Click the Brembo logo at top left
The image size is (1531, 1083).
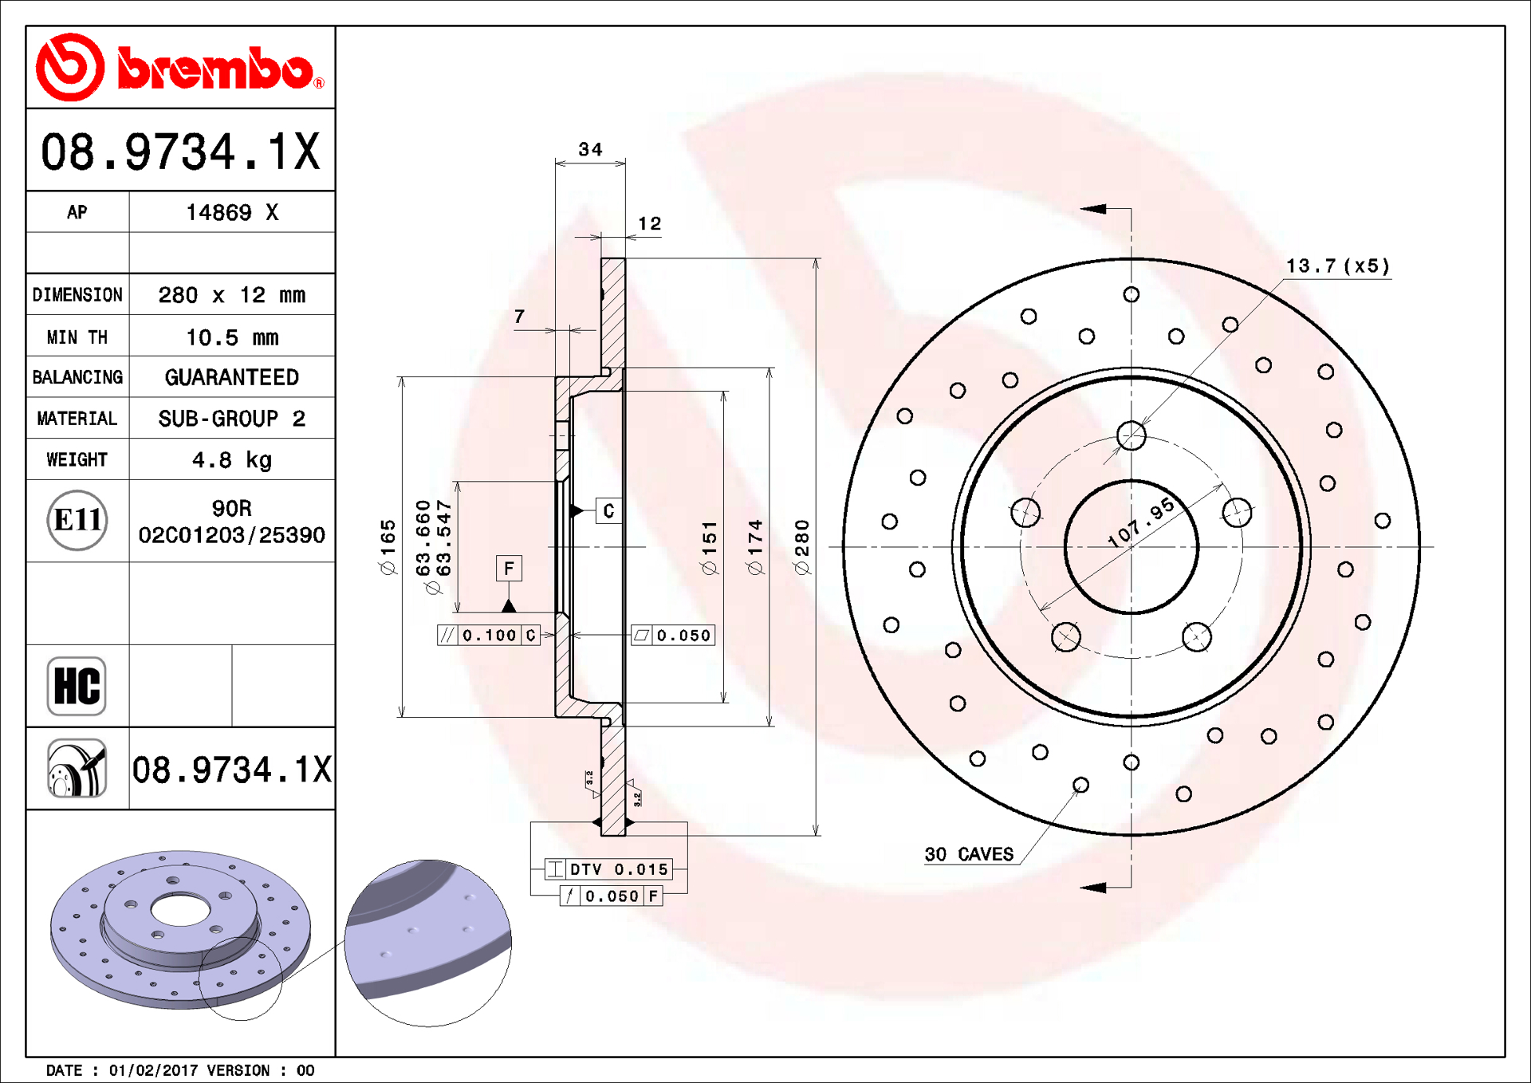[x=179, y=68]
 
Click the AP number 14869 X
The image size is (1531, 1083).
[x=231, y=212]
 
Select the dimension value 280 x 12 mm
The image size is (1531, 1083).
[x=231, y=295]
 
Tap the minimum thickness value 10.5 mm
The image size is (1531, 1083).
[x=231, y=337]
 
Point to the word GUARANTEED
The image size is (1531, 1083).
[x=231, y=377]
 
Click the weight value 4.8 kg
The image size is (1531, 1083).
[x=231, y=460]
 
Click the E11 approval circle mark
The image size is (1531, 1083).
[x=77, y=520]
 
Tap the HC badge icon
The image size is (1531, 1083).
[x=77, y=686]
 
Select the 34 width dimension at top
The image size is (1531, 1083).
[x=590, y=149]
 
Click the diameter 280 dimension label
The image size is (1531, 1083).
[x=801, y=546]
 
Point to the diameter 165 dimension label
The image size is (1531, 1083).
[x=388, y=546]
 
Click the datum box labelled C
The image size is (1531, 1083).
[x=608, y=511]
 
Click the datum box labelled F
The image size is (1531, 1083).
[x=509, y=569]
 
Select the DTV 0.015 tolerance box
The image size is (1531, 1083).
[x=608, y=869]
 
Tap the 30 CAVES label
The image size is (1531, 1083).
[x=969, y=854]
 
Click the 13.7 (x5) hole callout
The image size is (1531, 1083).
[x=1337, y=266]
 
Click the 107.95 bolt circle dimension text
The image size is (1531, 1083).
[x=1140, y=522]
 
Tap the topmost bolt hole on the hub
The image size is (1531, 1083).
[x=1131, y=435]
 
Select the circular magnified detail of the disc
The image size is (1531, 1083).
[x=428, y=943]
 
